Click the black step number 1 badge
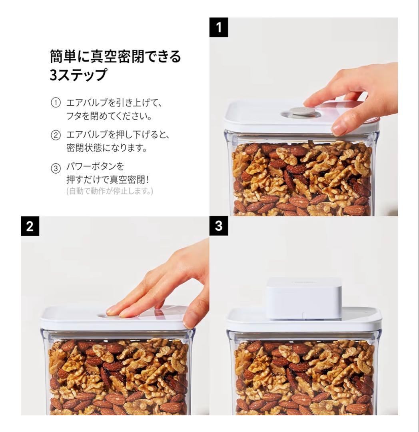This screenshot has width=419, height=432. coord(219,27)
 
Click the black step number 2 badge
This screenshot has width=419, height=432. coord(30,226)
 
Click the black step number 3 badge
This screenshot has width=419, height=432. coord(219,226)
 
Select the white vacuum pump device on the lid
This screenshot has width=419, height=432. coord(304,298)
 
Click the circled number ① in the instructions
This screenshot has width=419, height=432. coord(56,103)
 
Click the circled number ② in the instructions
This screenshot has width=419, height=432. coord(56,135)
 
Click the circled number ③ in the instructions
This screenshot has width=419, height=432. coord(56,168)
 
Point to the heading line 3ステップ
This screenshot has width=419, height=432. coord(78,75)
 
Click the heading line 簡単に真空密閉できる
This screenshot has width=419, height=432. coord(115,56)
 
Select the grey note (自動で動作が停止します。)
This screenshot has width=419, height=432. coord(110,191)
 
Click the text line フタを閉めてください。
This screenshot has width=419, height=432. coord(109,117)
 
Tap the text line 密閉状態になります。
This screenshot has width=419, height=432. coord(107,148)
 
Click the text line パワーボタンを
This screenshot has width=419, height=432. coord(95,166)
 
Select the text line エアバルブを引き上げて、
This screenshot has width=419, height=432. coord(114,103)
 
